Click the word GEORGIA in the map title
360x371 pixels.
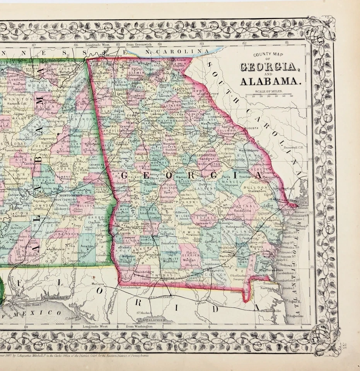(x=268, y=66)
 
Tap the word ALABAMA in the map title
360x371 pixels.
(x=270, y=82)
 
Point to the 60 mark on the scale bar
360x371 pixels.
(x=291, y=96)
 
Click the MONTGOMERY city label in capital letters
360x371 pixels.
(x=69, y=196)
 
